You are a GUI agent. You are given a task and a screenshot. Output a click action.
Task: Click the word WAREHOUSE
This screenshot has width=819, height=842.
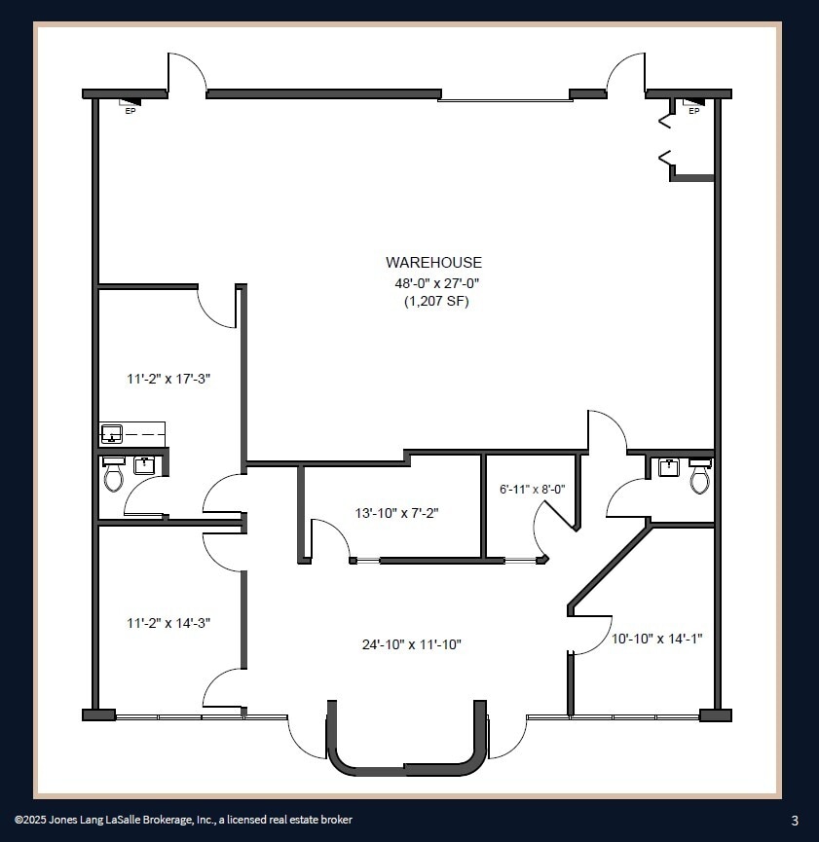coord(433,262)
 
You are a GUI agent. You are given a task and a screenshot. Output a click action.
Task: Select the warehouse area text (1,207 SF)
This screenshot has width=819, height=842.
coord(436,302)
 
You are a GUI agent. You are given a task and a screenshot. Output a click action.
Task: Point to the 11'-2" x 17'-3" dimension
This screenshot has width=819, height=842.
coord(168,379)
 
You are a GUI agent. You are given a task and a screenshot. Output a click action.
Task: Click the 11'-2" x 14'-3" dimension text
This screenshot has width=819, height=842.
coord(168,623)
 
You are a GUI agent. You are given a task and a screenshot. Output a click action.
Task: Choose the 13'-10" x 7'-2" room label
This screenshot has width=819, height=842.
coord(395,512)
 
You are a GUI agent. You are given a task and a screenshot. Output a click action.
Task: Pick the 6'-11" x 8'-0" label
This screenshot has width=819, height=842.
coord(532,490)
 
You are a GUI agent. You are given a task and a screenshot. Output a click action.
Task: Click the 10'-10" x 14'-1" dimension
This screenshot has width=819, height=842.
coord(657,639)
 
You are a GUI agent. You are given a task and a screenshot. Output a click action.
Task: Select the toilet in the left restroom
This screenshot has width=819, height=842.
coord(114,475)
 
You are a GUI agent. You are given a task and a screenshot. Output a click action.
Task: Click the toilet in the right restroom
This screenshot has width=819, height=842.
coord(699,477)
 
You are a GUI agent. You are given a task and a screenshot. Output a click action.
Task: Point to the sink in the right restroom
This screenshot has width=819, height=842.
coord(669,467)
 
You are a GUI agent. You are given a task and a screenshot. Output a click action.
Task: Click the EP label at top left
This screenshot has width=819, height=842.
coord(130,111)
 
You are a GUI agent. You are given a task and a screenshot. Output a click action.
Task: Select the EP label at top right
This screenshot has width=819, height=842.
coord(693,111)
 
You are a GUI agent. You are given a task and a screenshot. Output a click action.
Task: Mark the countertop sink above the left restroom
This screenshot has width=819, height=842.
coord(111,432)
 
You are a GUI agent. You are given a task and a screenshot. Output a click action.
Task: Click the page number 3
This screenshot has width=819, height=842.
coord(795,820)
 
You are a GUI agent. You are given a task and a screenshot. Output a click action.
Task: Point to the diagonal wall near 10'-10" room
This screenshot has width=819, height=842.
coord(609,569)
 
